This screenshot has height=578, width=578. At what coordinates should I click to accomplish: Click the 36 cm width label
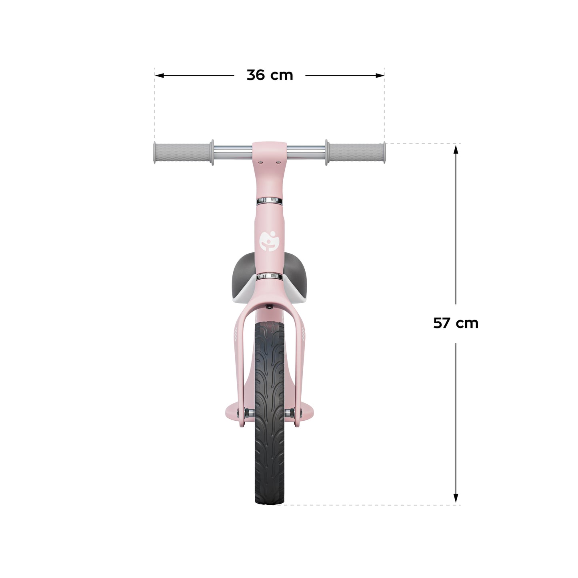270,75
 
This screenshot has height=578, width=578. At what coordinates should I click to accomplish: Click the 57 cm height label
455,323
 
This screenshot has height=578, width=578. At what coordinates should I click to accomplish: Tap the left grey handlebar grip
182,152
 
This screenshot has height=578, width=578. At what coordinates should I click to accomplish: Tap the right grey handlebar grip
356,152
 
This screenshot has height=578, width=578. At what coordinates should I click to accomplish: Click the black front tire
270,440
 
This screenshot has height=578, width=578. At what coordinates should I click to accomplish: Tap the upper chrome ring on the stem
269,200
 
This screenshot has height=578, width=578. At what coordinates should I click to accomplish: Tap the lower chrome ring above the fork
269,276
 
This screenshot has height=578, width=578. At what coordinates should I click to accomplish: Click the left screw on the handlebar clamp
261,162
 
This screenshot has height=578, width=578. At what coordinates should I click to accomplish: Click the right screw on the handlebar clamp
278,162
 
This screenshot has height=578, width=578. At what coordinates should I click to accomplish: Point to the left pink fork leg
242,360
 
